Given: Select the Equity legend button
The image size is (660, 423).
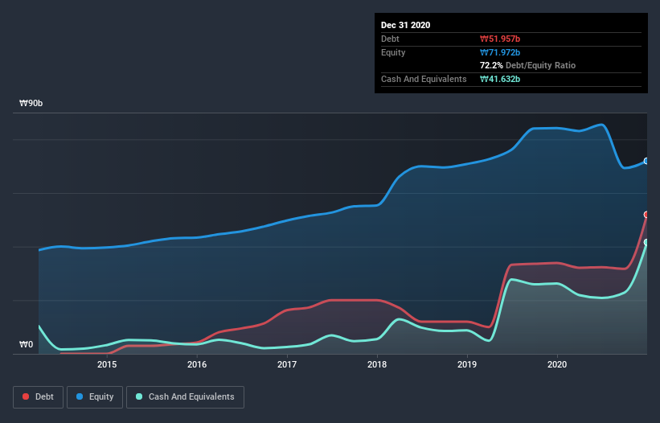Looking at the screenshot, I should (95, 396).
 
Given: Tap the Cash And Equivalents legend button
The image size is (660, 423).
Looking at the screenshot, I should (185, 396).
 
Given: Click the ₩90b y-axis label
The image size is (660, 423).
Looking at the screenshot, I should (31, 104).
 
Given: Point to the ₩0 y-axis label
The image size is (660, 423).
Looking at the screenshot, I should (26, 345).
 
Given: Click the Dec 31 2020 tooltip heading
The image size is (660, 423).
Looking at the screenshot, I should (405, 25).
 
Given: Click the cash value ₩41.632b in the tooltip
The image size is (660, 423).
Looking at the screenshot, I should (502, 79).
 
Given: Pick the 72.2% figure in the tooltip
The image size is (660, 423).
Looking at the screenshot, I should (491, 65).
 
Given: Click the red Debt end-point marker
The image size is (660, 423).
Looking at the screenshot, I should (646, 215).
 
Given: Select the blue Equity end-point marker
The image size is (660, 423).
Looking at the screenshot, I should (646, 162).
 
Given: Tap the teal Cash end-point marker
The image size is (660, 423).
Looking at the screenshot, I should (646, 242).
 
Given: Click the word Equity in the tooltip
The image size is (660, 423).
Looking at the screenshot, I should (394, 52).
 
